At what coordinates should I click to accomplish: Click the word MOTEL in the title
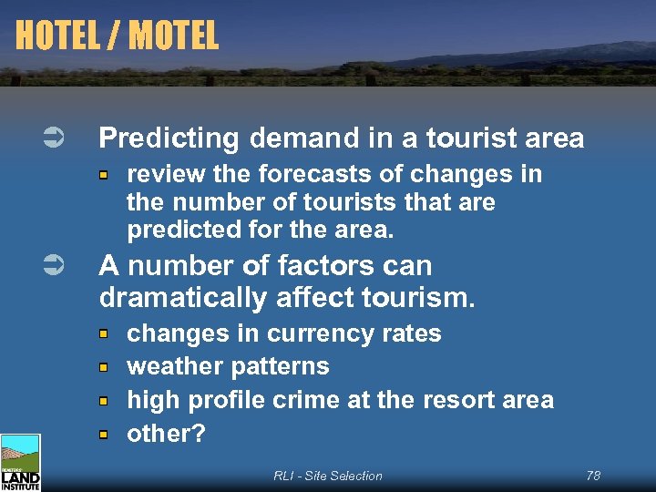(173, 36)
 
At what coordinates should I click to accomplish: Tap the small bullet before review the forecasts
(106, 174)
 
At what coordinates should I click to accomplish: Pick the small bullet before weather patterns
(106, 367)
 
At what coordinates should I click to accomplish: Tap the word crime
(336, 400)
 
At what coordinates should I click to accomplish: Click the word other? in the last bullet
(166, 434)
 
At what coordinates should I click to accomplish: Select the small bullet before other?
(106, 435)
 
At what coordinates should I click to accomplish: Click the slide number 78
(593, 476)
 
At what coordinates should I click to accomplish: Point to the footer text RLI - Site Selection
(327, 476)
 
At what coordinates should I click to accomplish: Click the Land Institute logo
(20, 463)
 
